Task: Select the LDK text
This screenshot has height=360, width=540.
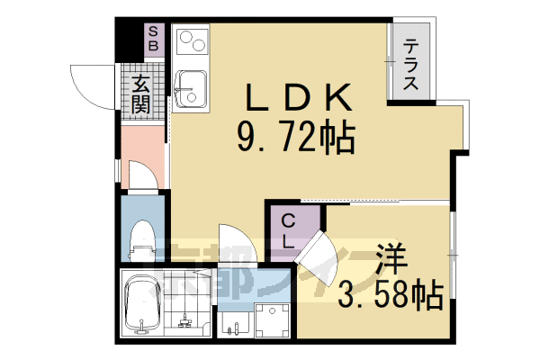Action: tap(294, 95)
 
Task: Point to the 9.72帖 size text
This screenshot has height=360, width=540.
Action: tap(295, 138)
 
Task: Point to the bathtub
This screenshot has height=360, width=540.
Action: tap(141, 304)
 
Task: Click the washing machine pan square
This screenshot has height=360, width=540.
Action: tap(269, 319)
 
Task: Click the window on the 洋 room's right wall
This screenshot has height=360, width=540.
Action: tap(455, 256)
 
